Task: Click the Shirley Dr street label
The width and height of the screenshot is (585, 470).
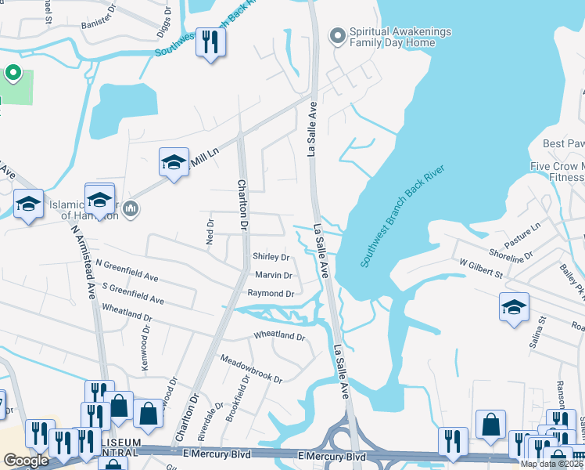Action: click(x=271, y=257)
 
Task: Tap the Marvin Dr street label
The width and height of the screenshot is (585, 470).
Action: click(x=273, y=275)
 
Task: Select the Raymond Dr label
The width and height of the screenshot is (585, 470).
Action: click(x=270, y=293)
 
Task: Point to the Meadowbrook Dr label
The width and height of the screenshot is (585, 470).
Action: click(x=250, y=367)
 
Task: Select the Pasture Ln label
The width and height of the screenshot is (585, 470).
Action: click(x=524, y=231)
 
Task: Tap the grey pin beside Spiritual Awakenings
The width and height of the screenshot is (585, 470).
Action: click(x=337, y=36)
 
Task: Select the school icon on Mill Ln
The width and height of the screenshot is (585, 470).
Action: click(x=174, y=162)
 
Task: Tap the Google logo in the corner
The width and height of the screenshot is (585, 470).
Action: click(x=26, y=461)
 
